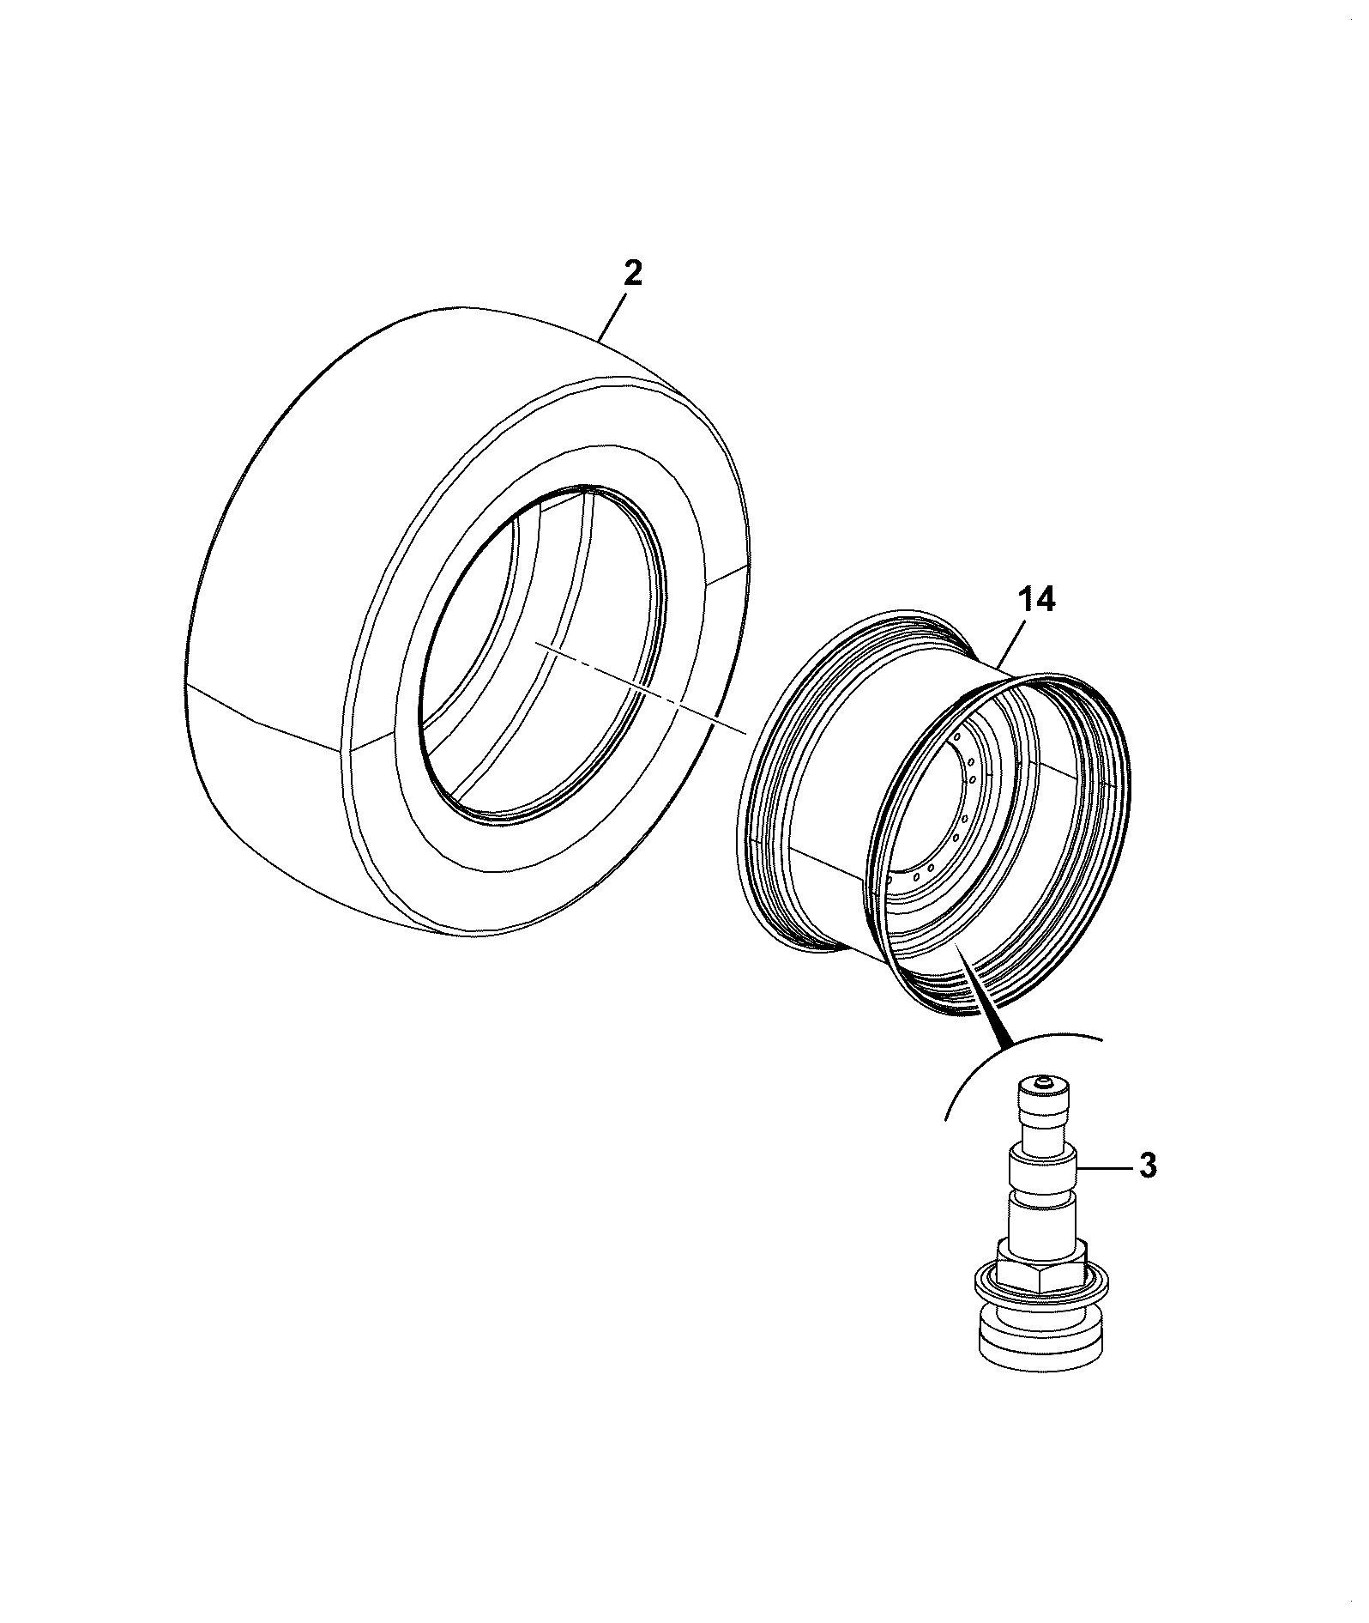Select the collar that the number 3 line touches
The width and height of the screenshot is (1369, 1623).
[1041, 1168]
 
